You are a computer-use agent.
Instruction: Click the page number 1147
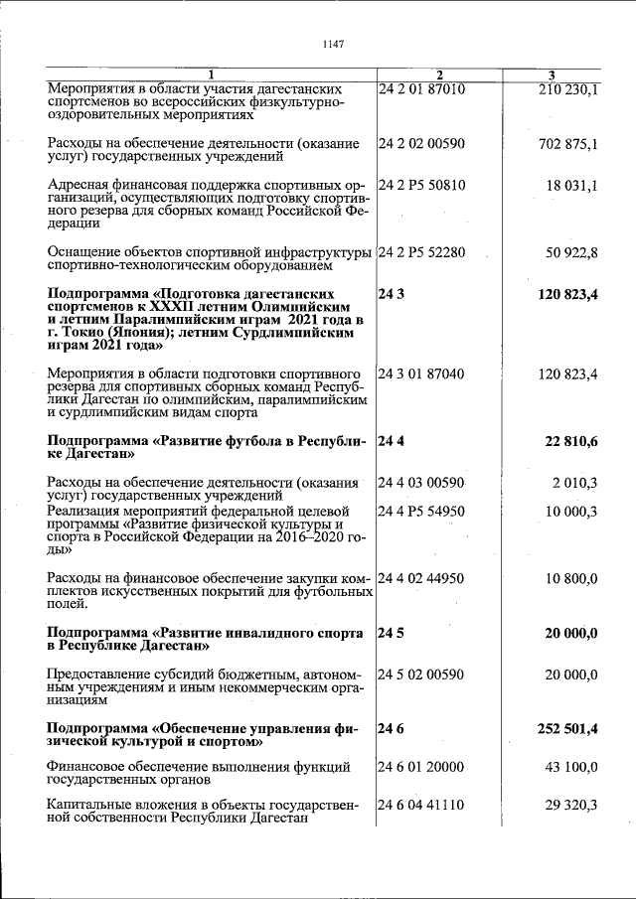[x=333, y=44]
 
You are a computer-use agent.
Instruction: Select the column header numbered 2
[x=439, y=76]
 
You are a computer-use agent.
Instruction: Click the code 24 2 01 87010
[x=421, y=89]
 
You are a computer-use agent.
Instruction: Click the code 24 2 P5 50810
[x=421, y=185]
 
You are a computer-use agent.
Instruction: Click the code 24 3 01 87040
[x=421, y=374]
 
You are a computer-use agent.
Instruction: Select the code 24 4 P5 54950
[x=421, y=511]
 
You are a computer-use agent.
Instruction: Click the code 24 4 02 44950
[x=421, y=578]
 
